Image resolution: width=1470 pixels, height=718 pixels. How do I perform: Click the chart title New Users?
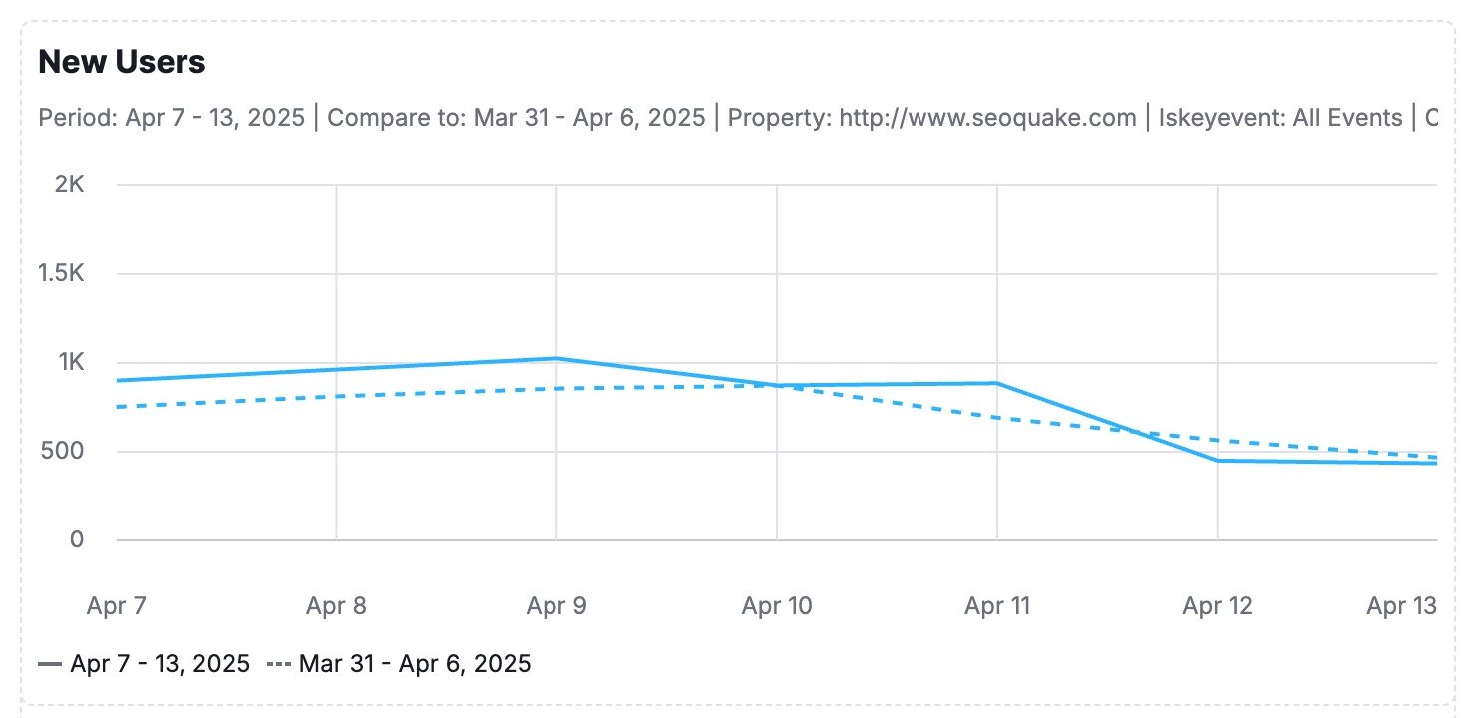pos(122,62)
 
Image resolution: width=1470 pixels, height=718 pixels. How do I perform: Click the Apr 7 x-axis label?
pos(117,605)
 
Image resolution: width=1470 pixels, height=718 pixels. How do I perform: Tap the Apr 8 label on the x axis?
pos(337,605)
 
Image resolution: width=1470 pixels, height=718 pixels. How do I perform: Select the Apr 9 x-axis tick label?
pos(556,605)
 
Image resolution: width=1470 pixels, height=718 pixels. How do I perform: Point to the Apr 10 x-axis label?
pos(777,605)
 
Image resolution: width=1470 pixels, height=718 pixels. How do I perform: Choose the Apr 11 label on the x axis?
pos(997,605)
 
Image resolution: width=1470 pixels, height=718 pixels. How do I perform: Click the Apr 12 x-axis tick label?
pos(1217,605)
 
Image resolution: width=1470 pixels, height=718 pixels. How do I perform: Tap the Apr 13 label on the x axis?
pos(1401,605)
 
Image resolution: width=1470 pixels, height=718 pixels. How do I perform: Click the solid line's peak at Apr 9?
pos(556,358)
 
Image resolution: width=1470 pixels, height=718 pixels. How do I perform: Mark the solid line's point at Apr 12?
pos(1218,460)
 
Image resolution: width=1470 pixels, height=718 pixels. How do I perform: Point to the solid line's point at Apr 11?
pos(997,383)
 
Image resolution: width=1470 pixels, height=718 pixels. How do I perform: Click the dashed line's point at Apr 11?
pos(997,417)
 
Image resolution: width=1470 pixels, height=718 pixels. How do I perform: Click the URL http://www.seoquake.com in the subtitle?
pos(987,118)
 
